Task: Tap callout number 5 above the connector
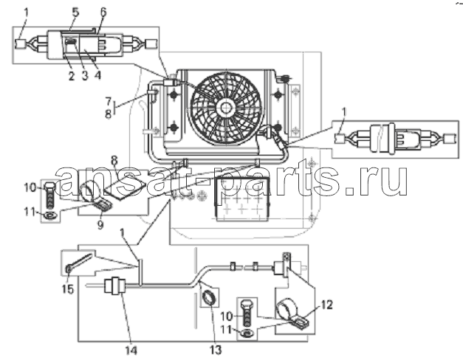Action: pos(75,13)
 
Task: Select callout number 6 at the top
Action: pos(103,12)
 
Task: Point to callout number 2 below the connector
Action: pos(71,76)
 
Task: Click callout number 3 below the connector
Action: pos(85,76)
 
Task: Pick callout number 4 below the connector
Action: pos(97,75)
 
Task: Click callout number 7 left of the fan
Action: pos(109,101)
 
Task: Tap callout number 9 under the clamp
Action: pos(100,225)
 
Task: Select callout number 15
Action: pos(68,289)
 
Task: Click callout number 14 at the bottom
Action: pos(131,350)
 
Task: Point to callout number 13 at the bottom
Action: pos(216,350)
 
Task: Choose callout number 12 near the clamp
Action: pos(326,305)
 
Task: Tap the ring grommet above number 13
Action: pos(210,297)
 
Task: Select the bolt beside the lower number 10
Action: pos(247,313)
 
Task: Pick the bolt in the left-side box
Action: pos(50,195)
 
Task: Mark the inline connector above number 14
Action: pos(115,285)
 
